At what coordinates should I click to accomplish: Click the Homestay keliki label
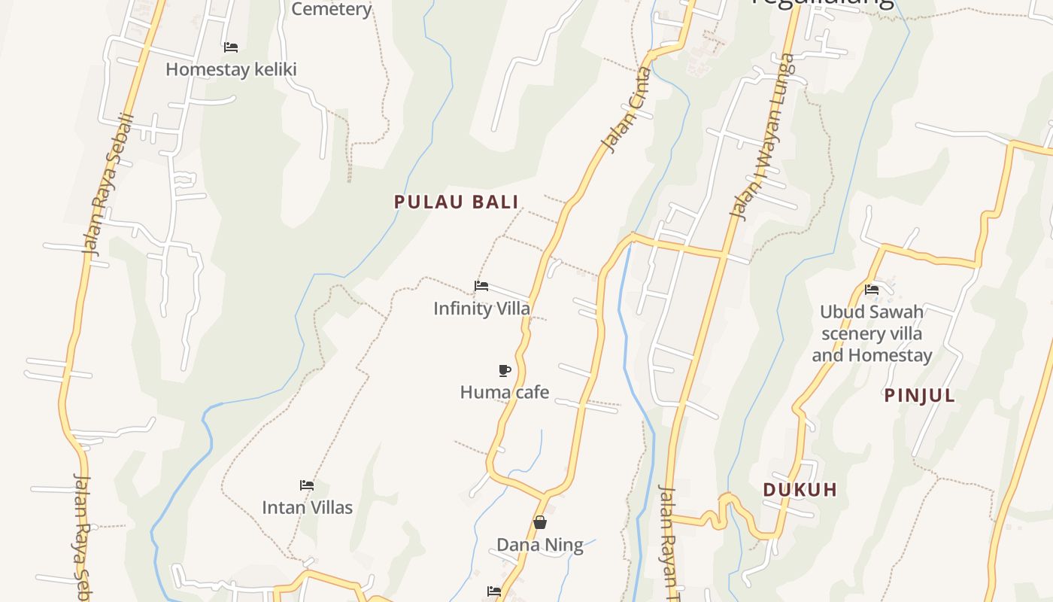click(231, 69)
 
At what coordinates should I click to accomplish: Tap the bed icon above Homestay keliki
click(231, 47)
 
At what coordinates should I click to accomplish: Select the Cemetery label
click(331, 9)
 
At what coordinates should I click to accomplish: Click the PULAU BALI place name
click(457, 202)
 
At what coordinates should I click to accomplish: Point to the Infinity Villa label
click(481, 308)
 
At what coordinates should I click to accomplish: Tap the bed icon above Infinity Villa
click(481, 285)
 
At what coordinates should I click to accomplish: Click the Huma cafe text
click(504, 392)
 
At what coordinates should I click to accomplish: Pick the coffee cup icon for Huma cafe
click(505, 369)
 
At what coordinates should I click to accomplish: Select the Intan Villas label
click(307, 507)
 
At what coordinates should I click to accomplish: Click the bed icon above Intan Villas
click(307, 485)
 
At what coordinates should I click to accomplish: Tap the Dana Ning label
click(539, 545)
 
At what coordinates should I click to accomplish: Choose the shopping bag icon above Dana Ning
click(539, 522)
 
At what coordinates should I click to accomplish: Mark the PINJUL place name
click(919, 396)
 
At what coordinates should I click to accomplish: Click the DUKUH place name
click(800, 490)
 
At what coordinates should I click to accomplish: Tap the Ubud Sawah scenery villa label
click(872, 333)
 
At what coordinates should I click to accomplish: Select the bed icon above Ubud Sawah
click(872, 289)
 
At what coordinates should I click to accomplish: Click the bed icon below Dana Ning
click(494, 591)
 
